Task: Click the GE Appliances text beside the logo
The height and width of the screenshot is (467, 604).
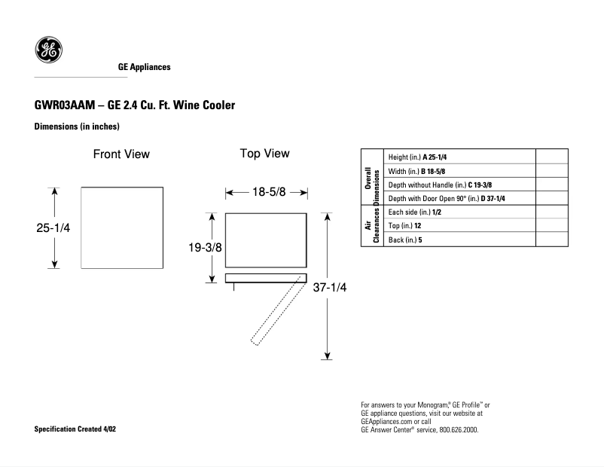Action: [x=144, y=67]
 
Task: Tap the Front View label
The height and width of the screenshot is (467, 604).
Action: [x=121, y=154]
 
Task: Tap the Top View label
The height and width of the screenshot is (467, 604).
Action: [x=264, y=154]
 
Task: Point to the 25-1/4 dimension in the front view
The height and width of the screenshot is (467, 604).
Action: [x=53, y=227]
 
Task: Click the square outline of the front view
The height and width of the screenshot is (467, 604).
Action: [x=121, y=227]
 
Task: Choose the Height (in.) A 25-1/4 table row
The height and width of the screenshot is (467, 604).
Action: [x=418, y=157]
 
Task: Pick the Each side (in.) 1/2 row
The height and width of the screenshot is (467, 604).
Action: [x=414, y=213]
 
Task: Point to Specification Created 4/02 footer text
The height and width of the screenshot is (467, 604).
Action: [x=75, y=429]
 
